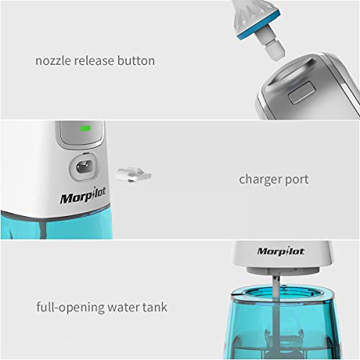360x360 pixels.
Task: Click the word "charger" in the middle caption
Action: click(x=260, y=179)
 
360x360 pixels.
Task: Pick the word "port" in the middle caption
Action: click(x=297, y=179)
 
